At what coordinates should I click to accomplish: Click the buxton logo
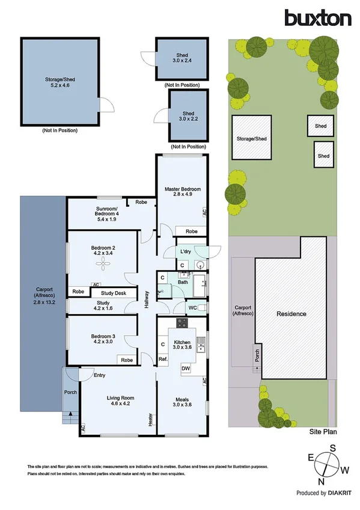318,18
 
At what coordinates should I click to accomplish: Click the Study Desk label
115,293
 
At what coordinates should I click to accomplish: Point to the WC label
192,308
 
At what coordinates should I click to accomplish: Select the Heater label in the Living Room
150,419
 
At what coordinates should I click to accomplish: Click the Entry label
99,375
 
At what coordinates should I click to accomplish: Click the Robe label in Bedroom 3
127,360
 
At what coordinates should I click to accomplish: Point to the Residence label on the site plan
291,314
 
